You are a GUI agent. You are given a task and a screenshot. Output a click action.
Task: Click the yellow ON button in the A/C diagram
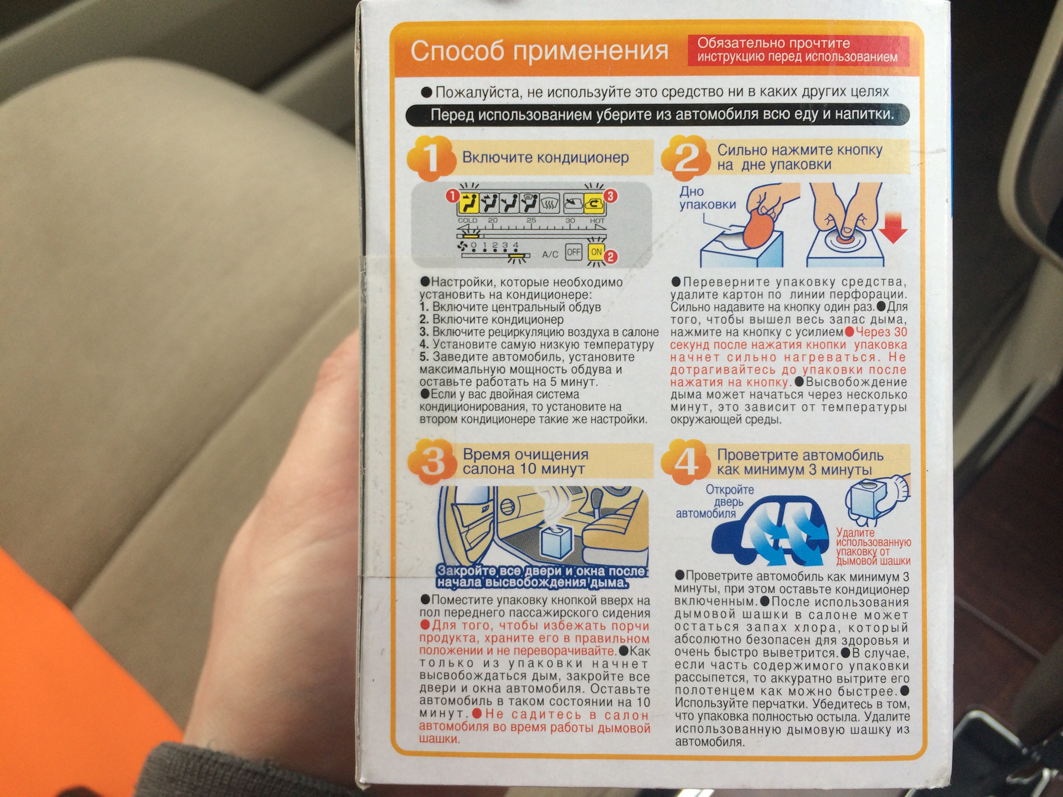(x=596, y=252)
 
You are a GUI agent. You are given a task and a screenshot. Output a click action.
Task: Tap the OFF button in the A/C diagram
(x=574, y=252)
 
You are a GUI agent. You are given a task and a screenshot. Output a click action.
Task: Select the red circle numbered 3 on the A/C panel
(x=610, y=195)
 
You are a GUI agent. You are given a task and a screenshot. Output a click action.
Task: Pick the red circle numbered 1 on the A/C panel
(x=452, y=196)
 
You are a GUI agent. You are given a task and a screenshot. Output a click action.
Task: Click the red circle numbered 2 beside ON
(x=610, y=257)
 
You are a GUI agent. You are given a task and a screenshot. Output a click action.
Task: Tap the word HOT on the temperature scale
(x=597, y=220)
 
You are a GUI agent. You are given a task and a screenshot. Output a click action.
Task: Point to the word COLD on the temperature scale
(x=468, y=220)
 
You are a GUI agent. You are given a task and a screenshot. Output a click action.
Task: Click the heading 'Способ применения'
(x=539, y=51)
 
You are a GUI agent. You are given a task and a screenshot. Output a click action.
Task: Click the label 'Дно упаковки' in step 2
(x=707, y=198)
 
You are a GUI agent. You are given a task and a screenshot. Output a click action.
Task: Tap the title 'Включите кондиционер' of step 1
(x=545, y=157)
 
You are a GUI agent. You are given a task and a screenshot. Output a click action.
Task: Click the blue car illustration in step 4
(x=770, y=532)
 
